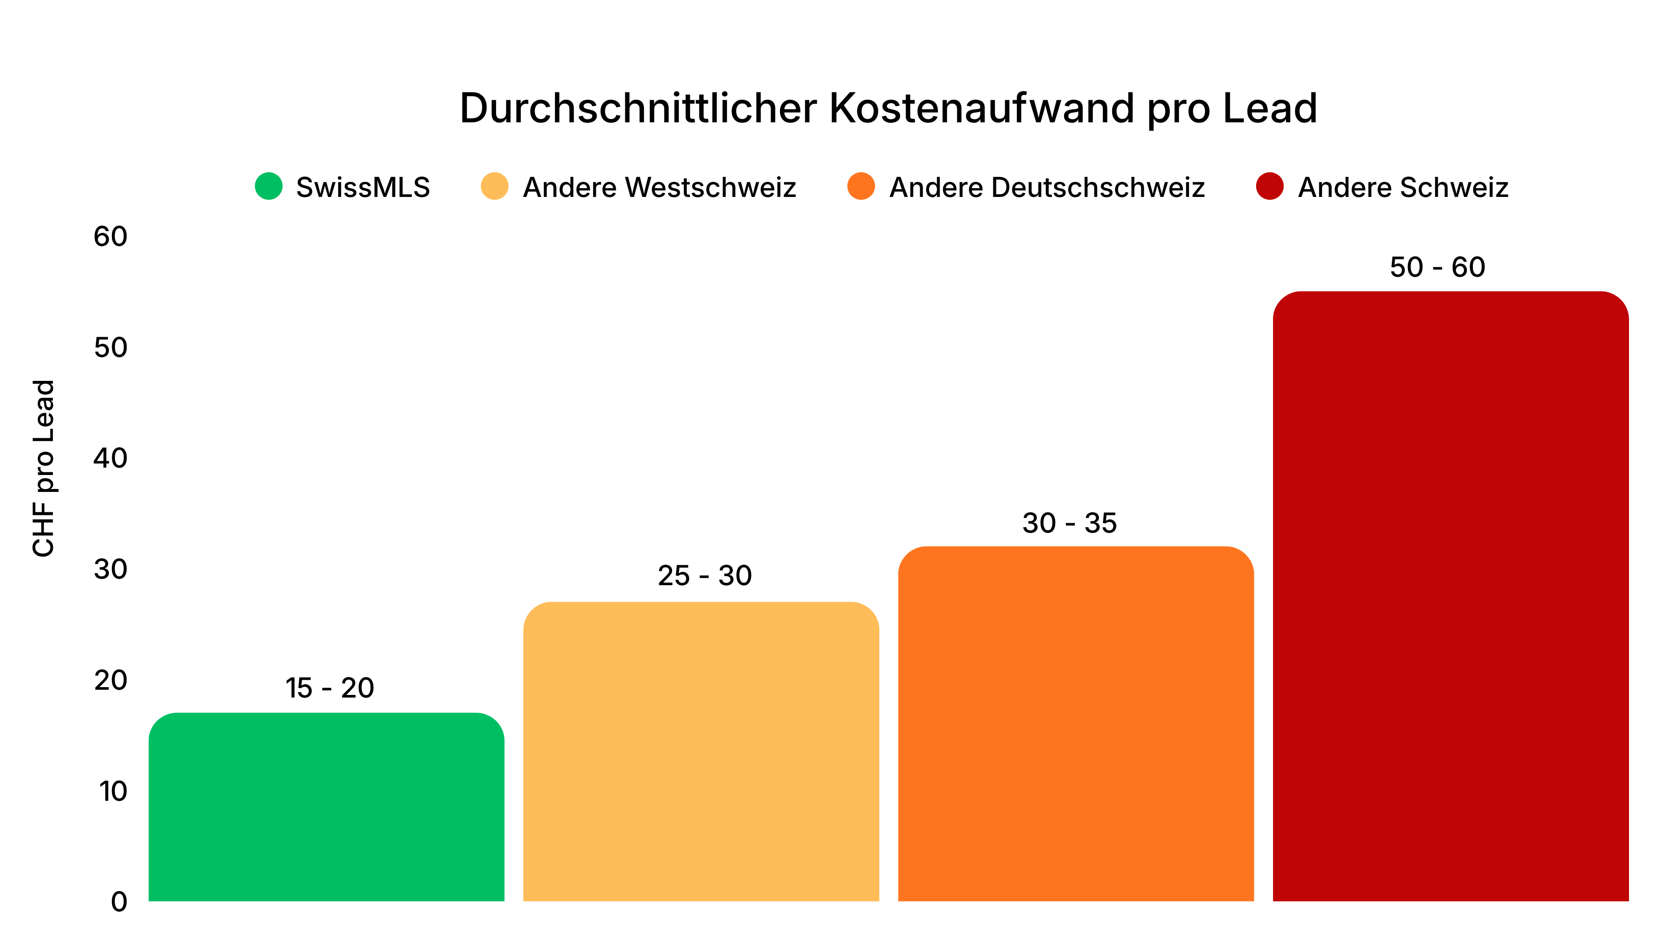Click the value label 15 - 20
[330, 688]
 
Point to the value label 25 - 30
[705, 576]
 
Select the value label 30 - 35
[1070, 523]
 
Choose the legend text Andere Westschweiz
[659, 187]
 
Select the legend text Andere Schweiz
[1403, 187]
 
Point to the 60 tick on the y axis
[111, 237]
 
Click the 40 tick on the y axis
[111, 459]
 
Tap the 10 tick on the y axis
[113, 792]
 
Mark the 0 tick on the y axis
[119, 902]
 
